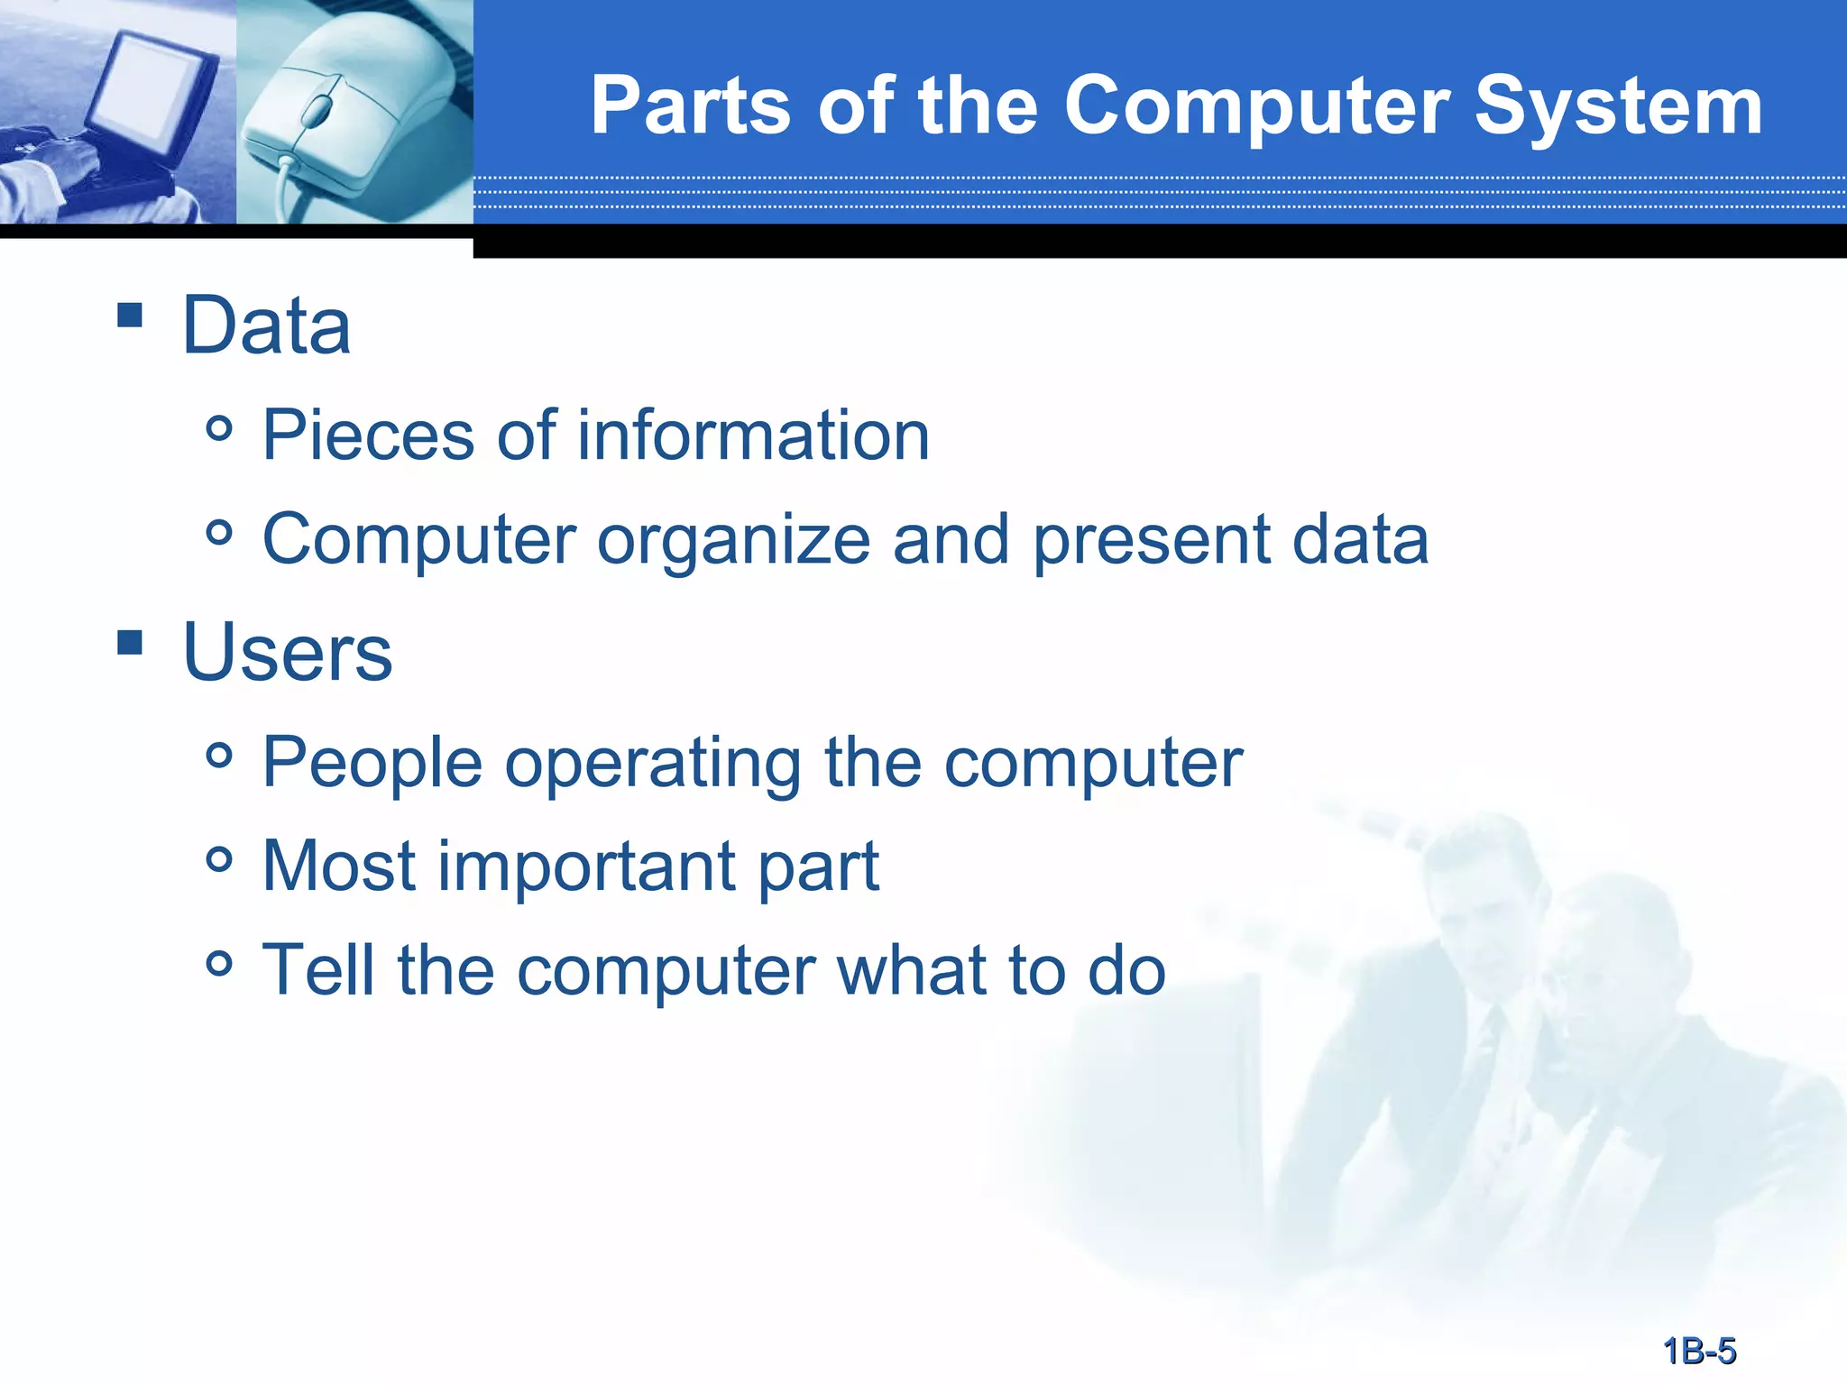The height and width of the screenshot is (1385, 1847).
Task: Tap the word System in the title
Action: (x=1618, y=106)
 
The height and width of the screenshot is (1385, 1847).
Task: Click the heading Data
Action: (x=266, y=326)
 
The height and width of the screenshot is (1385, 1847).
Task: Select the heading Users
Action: (x=287, y=653)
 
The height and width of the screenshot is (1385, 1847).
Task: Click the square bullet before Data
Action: (x=130, y=315)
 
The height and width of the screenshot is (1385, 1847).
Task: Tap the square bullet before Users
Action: (x=130, y=642)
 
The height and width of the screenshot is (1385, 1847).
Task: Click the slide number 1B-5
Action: (x=1699, y=1351)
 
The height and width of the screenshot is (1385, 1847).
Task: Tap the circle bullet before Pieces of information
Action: (x=219, y=428)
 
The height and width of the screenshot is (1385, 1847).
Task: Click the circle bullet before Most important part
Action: (x=219, y=859)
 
